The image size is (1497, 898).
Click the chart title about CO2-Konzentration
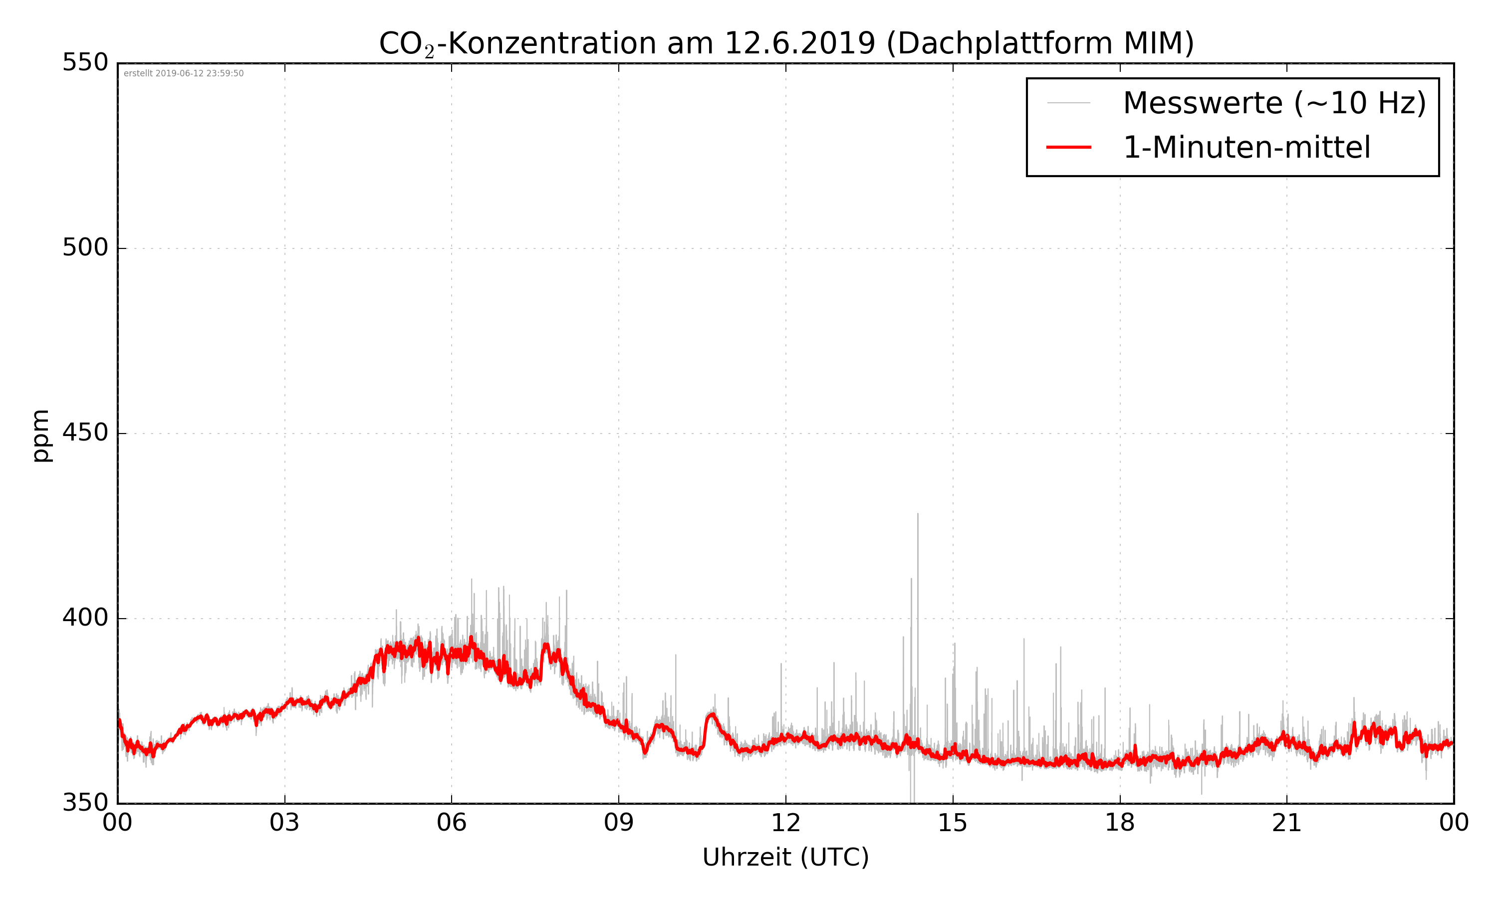tap(786, 43)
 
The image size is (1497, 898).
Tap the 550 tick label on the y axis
tap(85, 63)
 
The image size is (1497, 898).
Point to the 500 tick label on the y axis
tap(85, 247)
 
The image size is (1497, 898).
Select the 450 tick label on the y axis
tap(85, 433)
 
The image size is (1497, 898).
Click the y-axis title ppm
tap(41, 436)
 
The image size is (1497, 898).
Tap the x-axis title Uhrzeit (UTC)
tap(785, 858)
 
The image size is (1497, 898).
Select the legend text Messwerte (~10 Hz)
tap(1274, 103)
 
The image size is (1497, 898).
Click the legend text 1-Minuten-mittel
tap(1247, 148)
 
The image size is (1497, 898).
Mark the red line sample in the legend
tap(1068, 147)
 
